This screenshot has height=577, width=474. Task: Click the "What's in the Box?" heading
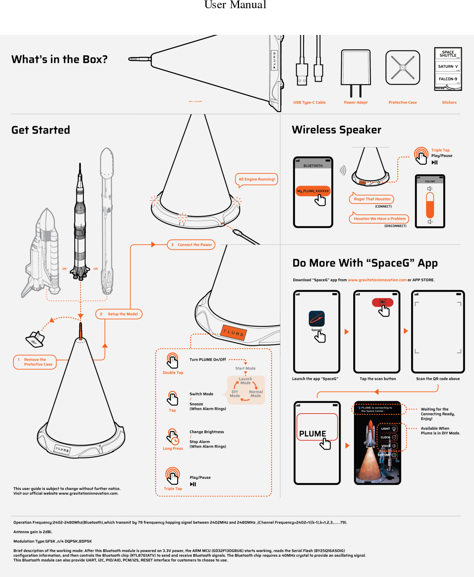tap(60, 60)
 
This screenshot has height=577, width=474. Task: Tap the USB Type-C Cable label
tap(309, 103)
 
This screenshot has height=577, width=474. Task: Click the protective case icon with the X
tap(403, 67)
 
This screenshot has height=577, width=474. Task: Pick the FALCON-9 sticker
tap(448, 79)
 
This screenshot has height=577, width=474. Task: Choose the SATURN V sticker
tap(448, 66)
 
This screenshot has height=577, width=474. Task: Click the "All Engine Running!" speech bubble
tap(257, 179)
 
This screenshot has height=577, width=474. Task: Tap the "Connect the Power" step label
tap(191, 245)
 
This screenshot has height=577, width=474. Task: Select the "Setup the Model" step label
tap(119, 314)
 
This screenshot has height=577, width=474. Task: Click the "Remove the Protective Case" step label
tap(35, 362)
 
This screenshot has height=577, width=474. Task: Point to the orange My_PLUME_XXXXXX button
tap(313, 191)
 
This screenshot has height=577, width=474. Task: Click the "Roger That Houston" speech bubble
tap(372, 199)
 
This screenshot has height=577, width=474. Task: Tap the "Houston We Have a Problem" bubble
tap(379, 219)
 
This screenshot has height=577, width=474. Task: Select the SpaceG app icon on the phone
tap(317, 319)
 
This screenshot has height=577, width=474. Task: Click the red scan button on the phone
tap(382, 303)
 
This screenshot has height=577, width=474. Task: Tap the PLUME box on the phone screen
tap(317, 427)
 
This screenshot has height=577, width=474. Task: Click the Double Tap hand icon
tap(173, 360)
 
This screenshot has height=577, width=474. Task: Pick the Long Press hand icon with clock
tap(173, 436)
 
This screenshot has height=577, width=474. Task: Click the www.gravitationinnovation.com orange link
tap(377, 280)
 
